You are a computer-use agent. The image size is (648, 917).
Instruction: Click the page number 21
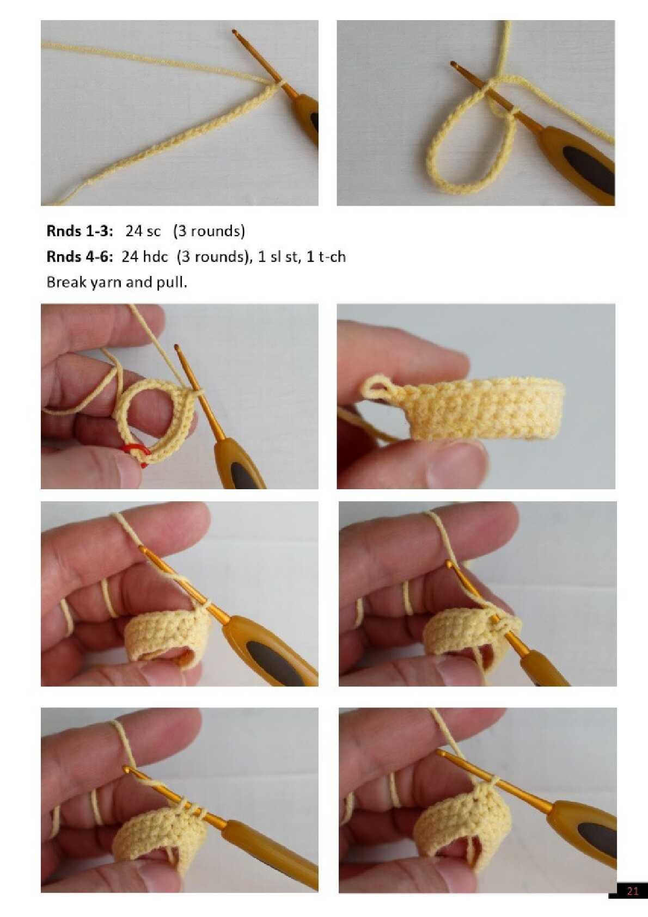click(x=632, y=902)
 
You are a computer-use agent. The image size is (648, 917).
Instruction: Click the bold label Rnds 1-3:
click(x=80, y=231)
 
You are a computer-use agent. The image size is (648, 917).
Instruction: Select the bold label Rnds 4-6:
click(x=80, y=257)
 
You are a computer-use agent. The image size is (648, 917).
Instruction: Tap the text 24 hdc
click(x=145, y=257)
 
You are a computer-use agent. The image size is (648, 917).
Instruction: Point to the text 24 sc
click(x=143, y=231)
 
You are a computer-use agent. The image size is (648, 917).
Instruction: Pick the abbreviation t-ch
click(x=332, y=257)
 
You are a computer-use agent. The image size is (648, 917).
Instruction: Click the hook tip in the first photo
click(x=234, y=32)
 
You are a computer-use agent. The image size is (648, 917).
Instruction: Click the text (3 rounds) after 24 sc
click(x=209, y=231)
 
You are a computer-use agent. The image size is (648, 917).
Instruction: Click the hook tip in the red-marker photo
click(x=177, y=348)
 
